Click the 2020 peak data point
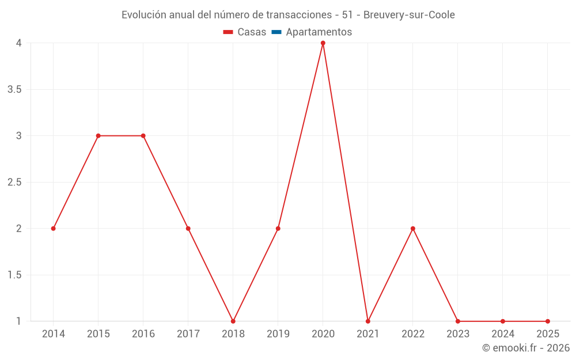click(323, 43)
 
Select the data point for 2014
click(53, 229)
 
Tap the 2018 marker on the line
click(233, 321)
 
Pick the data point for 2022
click(412, 229)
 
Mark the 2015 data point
click(98, 136)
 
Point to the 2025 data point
click(547, 321)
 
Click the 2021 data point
click(367, 321)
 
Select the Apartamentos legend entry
click(319, 32)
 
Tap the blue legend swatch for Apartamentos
click(276, 32)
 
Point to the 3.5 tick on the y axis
click(14, 89)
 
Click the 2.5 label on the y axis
click(14, 182)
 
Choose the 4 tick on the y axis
click(18, 43)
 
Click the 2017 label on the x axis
click(188, 334)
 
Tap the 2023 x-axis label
click(457, 334)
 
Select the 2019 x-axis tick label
click(278, 334)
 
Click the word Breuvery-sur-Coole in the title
click(409, 15)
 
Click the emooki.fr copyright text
click(526, 348)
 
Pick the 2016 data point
click(143, 136)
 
